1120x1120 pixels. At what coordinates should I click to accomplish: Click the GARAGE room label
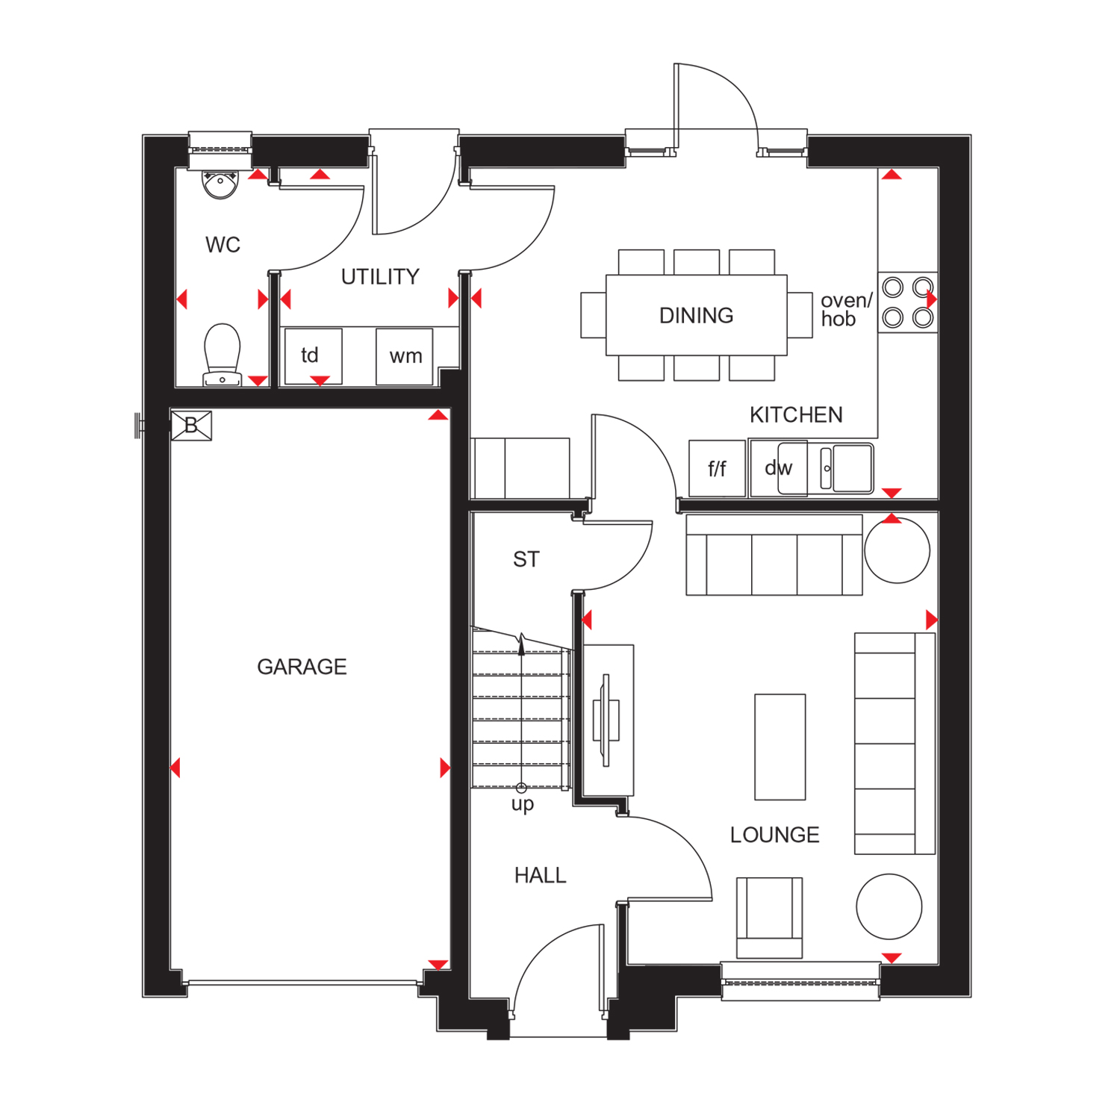302,667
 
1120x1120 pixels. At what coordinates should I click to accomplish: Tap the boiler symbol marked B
191,426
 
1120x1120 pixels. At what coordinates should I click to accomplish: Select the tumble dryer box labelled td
313,356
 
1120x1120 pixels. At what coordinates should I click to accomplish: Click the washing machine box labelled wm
405,356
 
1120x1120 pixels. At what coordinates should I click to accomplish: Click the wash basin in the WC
220,184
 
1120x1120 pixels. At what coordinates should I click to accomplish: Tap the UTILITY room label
380,277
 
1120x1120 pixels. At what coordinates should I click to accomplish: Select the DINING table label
696,316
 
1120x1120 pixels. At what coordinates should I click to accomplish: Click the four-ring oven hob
907,302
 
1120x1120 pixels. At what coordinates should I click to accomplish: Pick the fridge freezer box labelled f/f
717,469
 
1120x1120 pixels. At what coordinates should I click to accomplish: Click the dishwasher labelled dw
778,468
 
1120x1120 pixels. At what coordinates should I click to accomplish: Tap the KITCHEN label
796,415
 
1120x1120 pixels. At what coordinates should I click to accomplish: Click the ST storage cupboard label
526,559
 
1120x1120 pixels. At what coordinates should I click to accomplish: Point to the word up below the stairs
523,804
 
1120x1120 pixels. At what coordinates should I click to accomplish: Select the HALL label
540,875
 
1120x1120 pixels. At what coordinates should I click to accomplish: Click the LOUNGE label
774,835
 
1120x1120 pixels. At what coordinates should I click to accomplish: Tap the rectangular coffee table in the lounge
780,747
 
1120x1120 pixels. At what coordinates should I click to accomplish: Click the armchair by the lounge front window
769,917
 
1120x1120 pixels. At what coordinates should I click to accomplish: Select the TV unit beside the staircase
608,720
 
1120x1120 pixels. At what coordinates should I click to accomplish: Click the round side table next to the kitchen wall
897,550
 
